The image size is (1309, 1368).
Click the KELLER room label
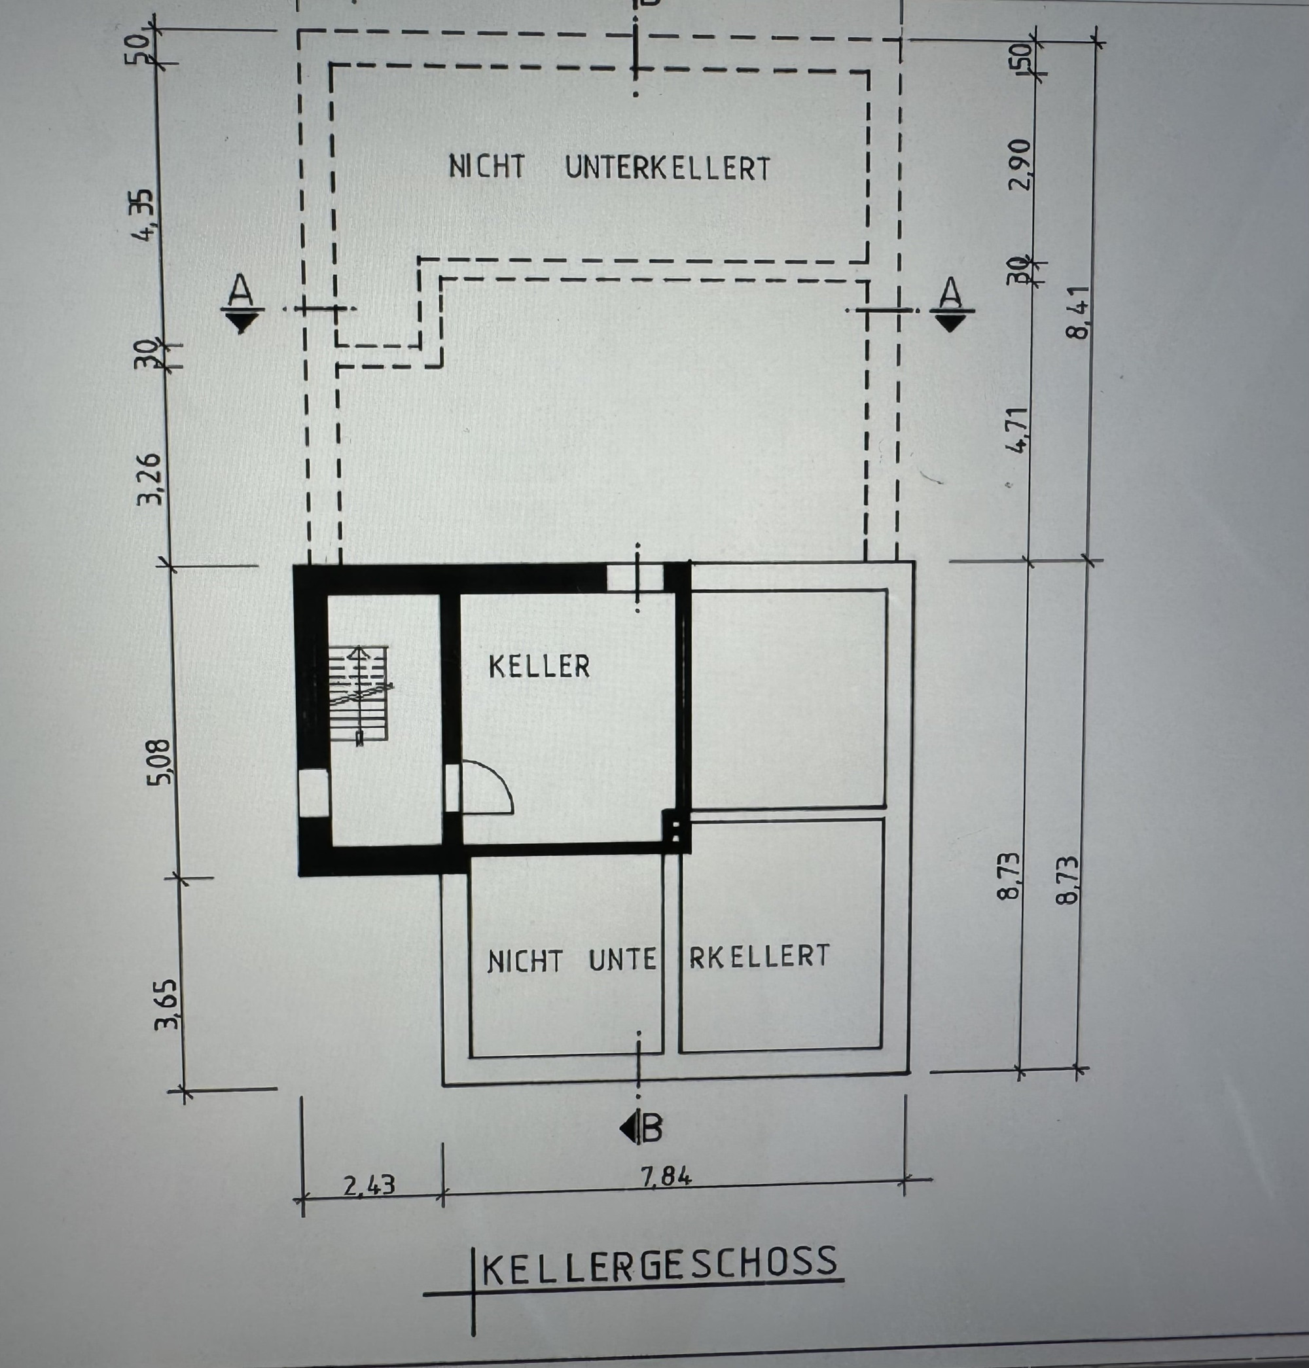539,666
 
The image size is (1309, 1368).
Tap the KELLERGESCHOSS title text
659,1263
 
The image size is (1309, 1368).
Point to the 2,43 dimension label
369,1185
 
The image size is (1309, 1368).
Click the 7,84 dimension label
666,1177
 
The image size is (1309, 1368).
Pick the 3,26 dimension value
150,479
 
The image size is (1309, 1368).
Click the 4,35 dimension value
145,215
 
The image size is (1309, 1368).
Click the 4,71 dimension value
1018,431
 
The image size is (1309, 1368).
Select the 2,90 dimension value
1020,165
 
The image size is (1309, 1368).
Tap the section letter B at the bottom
651,1128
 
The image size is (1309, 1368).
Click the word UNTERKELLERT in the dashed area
668,168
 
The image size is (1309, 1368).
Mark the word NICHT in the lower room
525,961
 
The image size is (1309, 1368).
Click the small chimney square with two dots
675,831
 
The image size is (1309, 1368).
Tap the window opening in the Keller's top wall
634,578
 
